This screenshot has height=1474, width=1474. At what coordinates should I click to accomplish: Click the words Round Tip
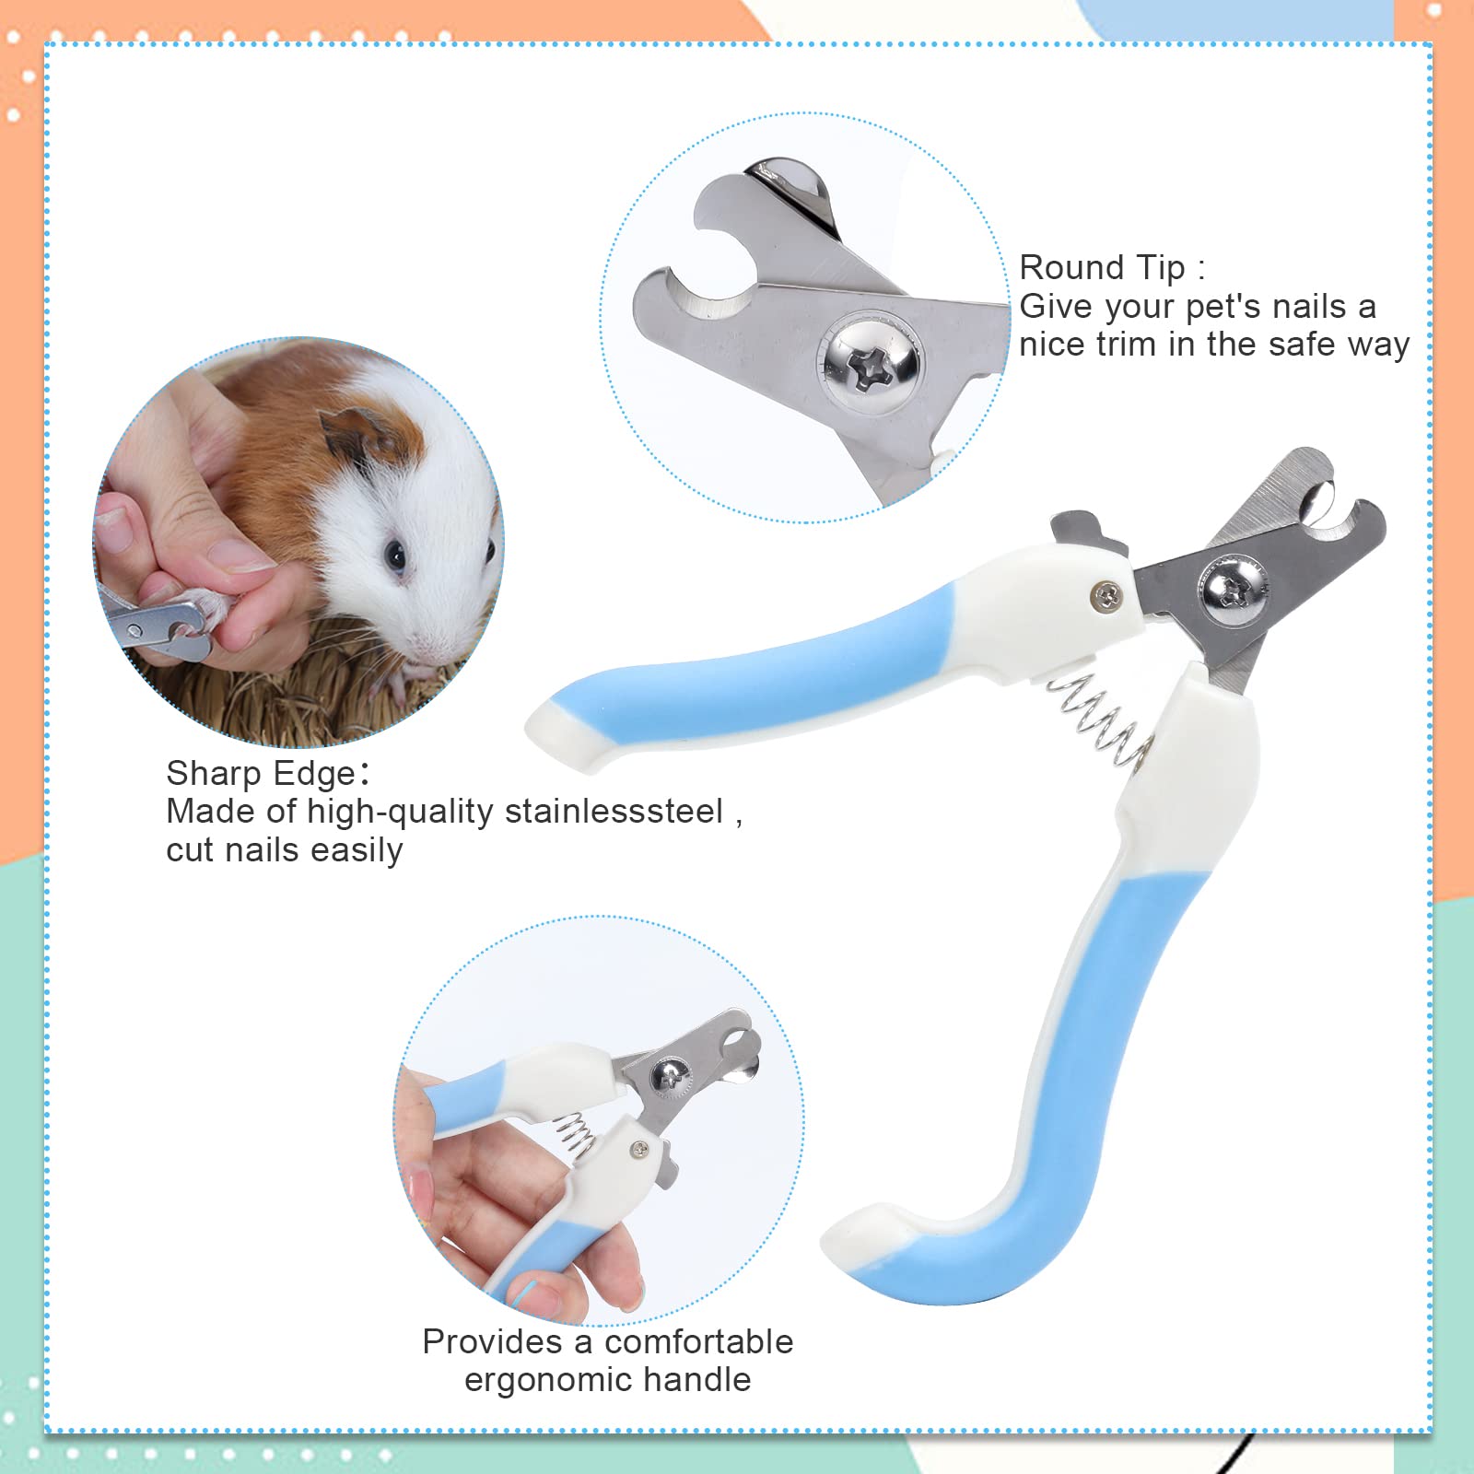[1102, 268]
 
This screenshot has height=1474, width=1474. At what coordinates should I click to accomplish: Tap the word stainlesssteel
[614, 812]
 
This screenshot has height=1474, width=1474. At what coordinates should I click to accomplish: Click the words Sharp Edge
[261, 773]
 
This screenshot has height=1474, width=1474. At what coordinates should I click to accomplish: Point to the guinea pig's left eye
[395, 556]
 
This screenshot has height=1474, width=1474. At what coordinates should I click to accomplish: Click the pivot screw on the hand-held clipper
[671, 1075]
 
